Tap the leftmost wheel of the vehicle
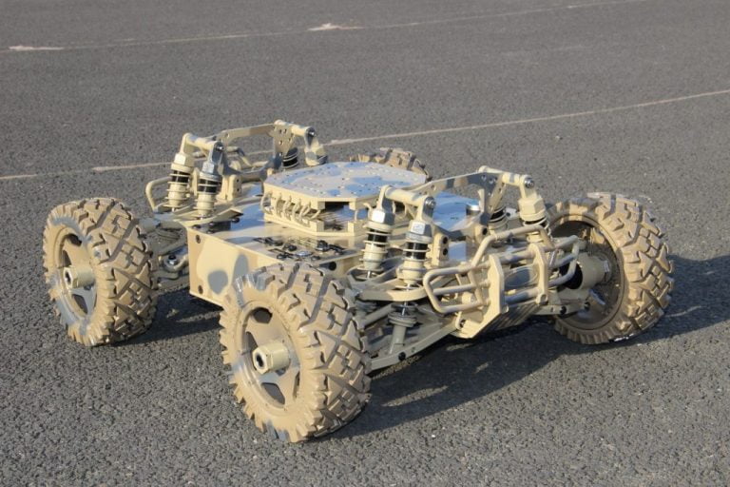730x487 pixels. coord(98,271)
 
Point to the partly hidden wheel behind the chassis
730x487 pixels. coord(395,160)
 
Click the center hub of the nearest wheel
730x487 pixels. coord(271,358)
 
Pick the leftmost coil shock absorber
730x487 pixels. coord(180,181)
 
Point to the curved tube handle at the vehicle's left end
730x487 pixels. coord(156,194)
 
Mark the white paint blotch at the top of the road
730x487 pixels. coord(334,27)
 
